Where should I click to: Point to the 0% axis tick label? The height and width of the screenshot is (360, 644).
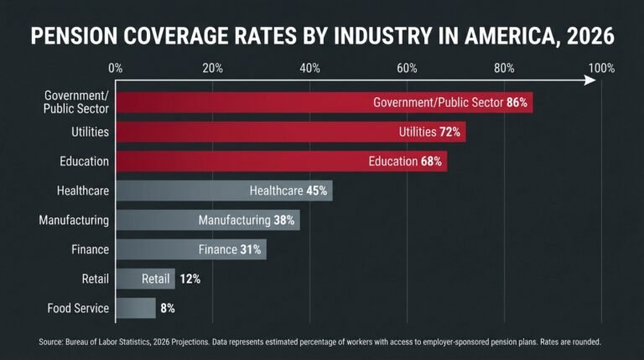pos(116,68)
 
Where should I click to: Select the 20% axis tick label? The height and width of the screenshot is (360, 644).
pos(212,68)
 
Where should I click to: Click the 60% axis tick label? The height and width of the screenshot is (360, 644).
pos(407,68)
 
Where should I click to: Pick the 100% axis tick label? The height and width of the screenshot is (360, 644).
pos(601,68)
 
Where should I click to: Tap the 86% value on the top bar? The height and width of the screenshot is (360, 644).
pos(517,102)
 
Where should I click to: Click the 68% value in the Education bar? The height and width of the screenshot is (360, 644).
pos(431,161)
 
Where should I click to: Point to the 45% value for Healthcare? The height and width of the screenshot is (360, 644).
pos(316,190)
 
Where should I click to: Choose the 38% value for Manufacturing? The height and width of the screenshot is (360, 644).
pos(283,220)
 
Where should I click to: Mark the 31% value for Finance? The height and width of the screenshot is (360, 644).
pos(251,249)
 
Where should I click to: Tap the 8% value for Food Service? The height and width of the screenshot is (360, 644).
pos(168,308)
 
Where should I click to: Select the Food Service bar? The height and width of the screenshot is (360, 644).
pos(135,308)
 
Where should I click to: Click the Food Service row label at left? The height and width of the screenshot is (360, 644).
pos(78,308)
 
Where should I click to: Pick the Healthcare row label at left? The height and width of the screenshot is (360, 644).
pos(83,190)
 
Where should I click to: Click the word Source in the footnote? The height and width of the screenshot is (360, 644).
pos(51,342)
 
